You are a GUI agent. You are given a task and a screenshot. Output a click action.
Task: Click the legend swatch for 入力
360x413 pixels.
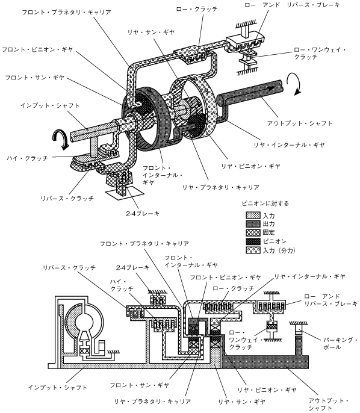253,215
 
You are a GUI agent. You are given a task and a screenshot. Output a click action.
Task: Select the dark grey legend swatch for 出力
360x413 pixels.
253,224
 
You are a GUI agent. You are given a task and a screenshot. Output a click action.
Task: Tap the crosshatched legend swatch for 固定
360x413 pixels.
253,232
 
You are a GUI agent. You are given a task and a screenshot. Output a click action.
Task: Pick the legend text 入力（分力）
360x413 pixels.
279,250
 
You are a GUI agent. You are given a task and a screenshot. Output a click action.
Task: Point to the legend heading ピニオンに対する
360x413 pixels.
265,203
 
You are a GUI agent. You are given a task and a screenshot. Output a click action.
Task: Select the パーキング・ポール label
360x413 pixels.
340,343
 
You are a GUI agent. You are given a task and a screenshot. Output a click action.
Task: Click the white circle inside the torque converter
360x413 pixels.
84,321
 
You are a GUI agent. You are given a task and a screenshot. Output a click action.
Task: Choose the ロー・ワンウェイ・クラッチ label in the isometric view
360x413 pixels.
320,53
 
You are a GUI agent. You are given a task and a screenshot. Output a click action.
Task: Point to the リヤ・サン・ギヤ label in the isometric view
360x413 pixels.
151,32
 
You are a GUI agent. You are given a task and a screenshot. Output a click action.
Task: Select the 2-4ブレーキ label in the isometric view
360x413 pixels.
143,213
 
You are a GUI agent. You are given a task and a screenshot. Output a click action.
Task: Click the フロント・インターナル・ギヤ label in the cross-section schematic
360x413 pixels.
191,261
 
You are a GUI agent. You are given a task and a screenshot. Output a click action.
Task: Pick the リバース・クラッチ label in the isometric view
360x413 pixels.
67,198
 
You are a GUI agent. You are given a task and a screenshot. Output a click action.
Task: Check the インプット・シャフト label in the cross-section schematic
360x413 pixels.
58,388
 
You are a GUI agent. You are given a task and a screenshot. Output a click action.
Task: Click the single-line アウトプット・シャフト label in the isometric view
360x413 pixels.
300,123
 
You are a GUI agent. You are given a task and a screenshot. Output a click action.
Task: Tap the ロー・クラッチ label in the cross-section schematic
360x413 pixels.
234,288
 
